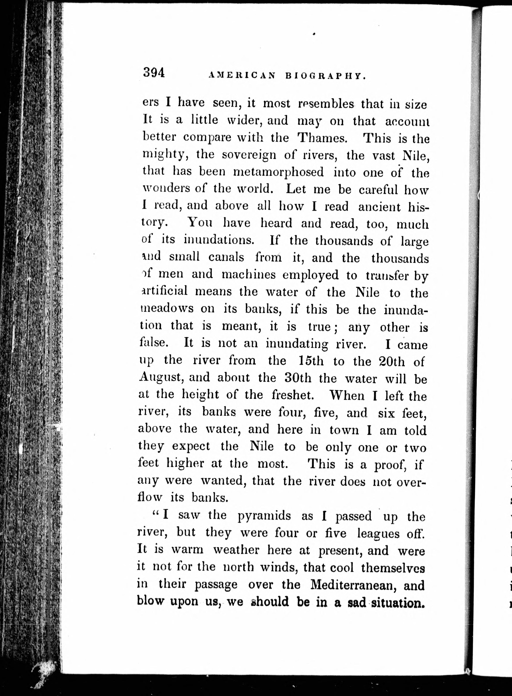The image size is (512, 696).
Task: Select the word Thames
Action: pyautogui.click(x=322, y=138)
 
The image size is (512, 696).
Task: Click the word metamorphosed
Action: pyautogui.click(x=278, y=172)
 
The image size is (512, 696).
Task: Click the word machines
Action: pyautogui.click(x=249, y=274)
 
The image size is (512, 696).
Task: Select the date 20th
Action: pyautogui.click(x=392, y=361)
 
